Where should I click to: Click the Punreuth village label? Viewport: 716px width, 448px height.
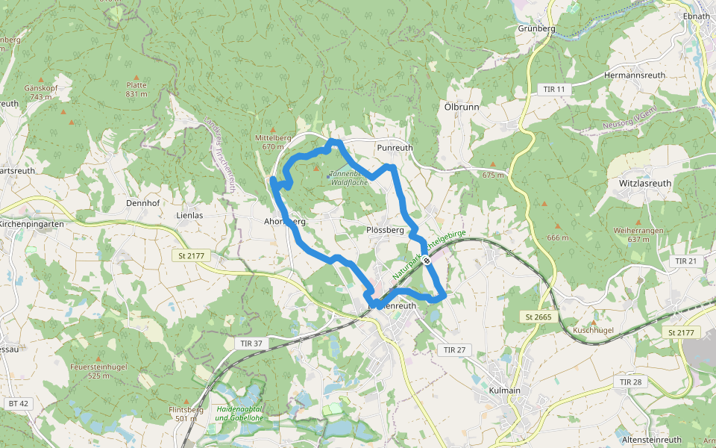coord(395,148)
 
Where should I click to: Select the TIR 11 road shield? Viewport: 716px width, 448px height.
coord(554,90)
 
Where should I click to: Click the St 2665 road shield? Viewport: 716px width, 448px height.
coord(538,317)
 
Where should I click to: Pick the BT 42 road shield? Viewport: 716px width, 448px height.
coord(19,403)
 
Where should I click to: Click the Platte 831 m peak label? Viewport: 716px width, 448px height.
coord(136,90)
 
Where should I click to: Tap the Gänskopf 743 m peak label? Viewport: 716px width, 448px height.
coord(42,92)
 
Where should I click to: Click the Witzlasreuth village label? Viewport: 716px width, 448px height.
coord(645,183)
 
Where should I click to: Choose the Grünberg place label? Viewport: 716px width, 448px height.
coord(536,28)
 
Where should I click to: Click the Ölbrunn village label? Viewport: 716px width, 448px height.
coord(462,107)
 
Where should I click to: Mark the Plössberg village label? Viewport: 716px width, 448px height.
coord(386,230)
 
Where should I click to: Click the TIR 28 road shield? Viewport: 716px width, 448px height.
coord(630,382)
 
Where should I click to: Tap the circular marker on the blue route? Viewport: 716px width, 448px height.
coord(426,261)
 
